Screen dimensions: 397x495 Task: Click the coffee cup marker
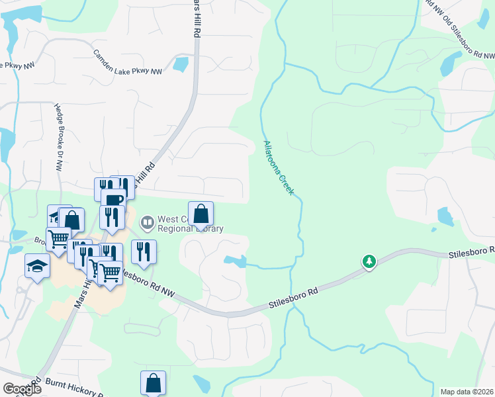[113, 199]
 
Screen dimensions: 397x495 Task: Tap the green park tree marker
[369, 261]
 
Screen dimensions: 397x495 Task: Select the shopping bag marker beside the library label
[201, 214]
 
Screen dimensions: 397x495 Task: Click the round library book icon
[147, 220]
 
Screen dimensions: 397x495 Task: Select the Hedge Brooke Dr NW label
[58, 138]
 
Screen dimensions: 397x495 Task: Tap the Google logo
[22, 388]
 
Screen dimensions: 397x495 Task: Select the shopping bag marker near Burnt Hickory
[153, 382]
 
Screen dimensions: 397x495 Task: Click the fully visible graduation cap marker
[38, 266]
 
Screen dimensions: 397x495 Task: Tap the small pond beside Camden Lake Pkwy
[179, 64]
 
